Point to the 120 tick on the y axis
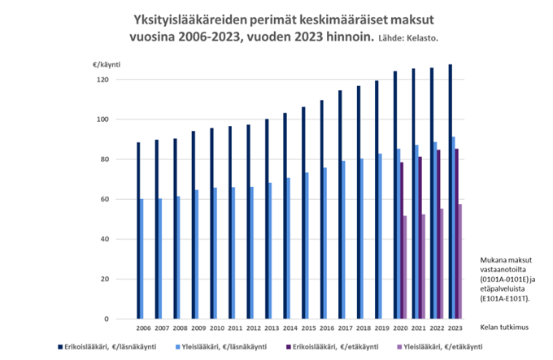tap(102, 80)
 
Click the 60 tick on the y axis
tap(104, 199)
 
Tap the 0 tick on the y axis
tap(106, 319)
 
